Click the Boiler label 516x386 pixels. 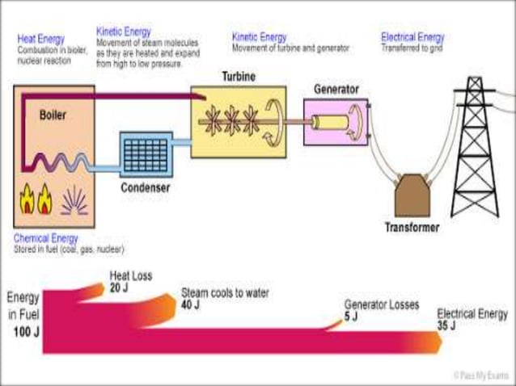click(x=53, y=115)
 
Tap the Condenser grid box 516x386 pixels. click(x=146, y=155)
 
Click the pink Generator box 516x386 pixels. click(x=335, y=122)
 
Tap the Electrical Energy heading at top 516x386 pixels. click(x=412, y=37)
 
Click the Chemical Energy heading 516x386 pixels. click(x=46, y=239)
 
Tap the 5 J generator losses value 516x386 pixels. click(x=350, y=317)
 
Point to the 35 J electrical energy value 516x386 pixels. click(x=446, y=325)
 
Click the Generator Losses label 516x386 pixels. click(x=382, y=305)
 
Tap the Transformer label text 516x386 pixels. click(x=412, y=228)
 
